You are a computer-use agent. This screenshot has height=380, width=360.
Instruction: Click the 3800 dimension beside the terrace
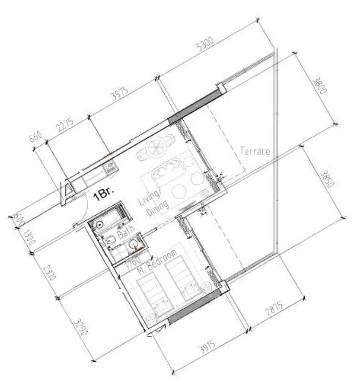[x=320, y=86]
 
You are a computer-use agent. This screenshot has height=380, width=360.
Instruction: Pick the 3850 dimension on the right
[x=327, y=180]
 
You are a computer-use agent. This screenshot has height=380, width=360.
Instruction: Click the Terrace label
[x=255, y=151]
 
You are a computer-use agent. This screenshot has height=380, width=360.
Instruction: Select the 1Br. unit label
[x=103, y=195]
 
